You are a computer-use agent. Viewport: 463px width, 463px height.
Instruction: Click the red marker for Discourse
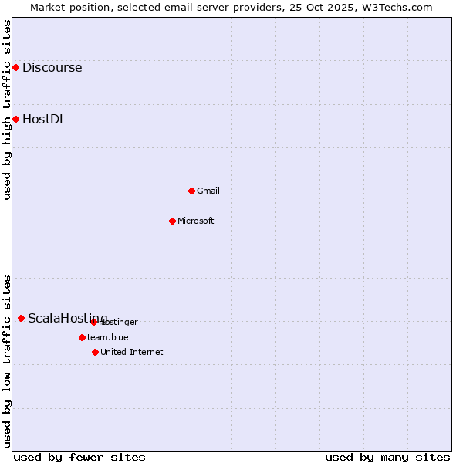[15, 68]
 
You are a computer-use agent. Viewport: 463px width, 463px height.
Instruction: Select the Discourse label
[52, 68]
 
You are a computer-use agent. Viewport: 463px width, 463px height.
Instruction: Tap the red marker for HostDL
[15, 119]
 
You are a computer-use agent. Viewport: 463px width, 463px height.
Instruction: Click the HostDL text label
[44, 119]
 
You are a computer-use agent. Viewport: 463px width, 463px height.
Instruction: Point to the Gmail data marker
[191, 191]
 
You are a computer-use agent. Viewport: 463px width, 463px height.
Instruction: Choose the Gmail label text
[208, 191]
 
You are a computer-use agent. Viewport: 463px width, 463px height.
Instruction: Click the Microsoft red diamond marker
[172, 221]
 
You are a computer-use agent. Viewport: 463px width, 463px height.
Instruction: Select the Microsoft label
[196, 221]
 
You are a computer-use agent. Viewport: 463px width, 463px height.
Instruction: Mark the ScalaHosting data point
[21, 318]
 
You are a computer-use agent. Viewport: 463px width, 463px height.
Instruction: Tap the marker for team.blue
[82, 337]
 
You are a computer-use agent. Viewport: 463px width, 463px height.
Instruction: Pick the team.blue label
[108, 337]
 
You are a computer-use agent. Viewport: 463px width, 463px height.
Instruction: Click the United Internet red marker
[95, 352]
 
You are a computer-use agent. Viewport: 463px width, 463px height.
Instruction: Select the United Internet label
[132, 352]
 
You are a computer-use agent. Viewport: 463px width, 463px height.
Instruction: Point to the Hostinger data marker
[93, 322]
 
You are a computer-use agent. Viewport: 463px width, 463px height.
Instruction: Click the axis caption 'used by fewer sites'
[79, 457]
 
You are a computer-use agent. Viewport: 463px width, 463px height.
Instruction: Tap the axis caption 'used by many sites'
[387, 457]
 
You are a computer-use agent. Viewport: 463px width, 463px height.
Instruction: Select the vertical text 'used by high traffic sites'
[7, 110]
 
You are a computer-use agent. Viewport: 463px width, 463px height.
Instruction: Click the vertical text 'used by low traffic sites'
[7, 360]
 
